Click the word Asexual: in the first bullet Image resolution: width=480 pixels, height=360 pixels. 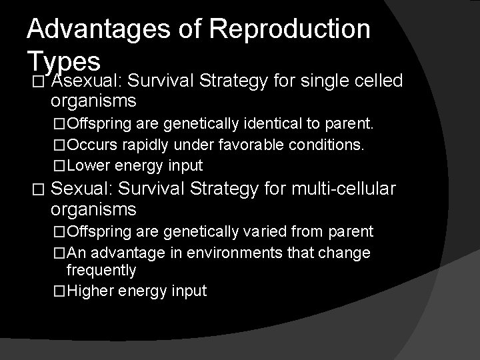85,81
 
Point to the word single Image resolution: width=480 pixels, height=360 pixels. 321,81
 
